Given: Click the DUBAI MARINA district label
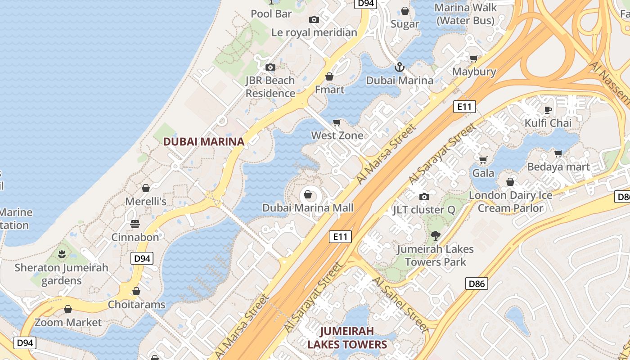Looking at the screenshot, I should [x=203, y=141].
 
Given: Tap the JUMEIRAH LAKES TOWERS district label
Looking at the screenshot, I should [x=346, y=338].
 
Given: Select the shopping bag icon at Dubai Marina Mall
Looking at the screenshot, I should [x=308, y=194].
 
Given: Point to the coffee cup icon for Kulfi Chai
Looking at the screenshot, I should [x=548, y=110].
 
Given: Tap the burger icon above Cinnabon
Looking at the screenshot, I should [x=135, y=224].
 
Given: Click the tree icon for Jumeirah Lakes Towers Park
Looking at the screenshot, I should [x=435, y=235].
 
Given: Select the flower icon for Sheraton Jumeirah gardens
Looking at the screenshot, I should [x=62, y=254].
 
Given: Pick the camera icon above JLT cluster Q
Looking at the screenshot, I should [x=424, y=197].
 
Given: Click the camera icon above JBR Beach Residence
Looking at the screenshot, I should [x=270, y=67].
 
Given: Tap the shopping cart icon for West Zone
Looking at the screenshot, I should [x=337, y=122].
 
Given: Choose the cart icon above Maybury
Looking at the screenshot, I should [x=474, y=58].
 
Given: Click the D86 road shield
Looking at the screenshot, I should [x=477, y=283].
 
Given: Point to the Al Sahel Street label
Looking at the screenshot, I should [x=400, y=304].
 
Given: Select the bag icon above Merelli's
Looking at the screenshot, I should [x=145, y=188].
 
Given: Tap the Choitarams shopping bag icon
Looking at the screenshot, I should [x=136, y=292].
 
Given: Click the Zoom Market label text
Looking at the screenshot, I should [x=68, y=322].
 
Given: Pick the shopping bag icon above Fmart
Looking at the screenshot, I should [x=329, y=76].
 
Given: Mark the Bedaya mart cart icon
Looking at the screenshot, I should [x=558, y=154].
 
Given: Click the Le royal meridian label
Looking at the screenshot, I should [x=314, y=32].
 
